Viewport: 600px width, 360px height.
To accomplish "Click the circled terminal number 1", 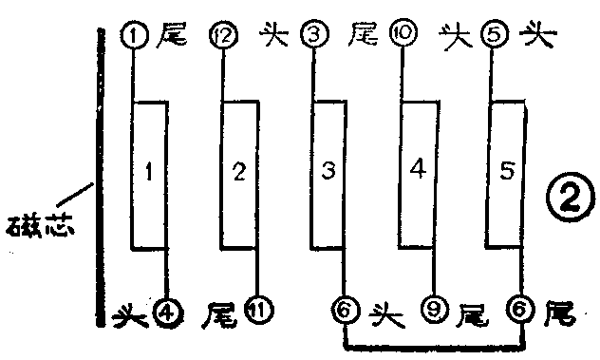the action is pos(133,36).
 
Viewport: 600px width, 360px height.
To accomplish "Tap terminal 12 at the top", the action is pos(224,36).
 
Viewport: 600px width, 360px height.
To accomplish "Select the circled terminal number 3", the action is pos(312,36).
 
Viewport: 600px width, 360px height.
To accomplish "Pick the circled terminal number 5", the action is pos(491,36).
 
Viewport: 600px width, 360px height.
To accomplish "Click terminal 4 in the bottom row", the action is pos(168,310).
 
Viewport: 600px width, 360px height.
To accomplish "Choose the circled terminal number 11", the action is pos(256,310).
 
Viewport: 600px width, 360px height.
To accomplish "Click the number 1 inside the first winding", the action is pos(150,172).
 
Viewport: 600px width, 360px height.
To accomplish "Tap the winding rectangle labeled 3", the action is pos(328,172).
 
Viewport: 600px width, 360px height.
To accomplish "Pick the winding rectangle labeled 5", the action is pos(507,172).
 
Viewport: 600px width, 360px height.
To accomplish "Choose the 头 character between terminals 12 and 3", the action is pos(269,37).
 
